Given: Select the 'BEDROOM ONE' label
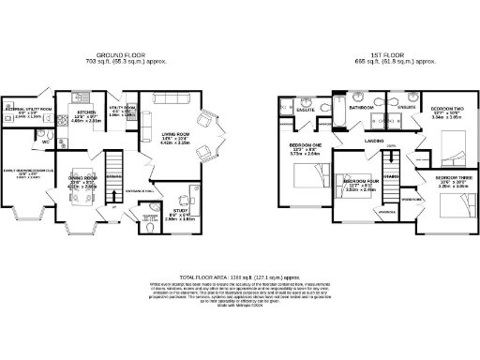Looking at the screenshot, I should pos(306,145).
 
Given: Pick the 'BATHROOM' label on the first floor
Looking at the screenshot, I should pos(361,109).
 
